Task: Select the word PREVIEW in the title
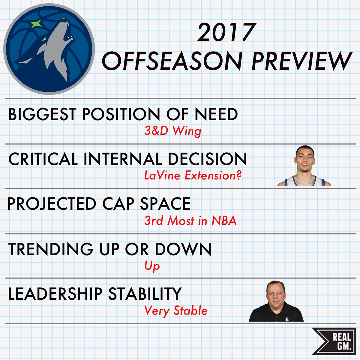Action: pos(301,61)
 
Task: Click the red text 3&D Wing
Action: pos(172,131)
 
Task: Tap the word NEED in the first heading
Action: pos(216,114)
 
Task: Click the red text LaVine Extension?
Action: pos(193,175)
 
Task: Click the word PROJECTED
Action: pos(51,204)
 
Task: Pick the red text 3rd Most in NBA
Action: pos(190,221)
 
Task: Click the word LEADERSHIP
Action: pos(55,294)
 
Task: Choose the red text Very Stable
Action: pos(176,310)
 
